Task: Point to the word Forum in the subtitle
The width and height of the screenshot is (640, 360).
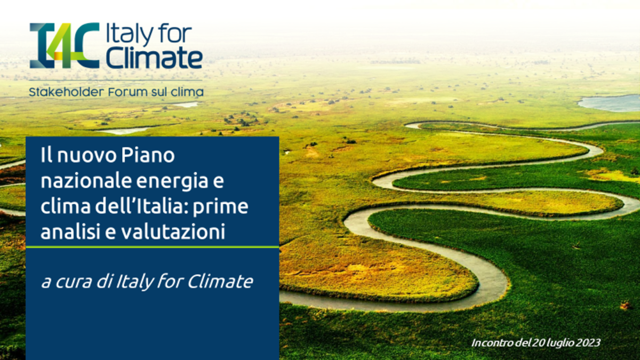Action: pos(126,92)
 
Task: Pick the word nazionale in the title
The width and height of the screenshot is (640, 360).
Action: pos(78,181)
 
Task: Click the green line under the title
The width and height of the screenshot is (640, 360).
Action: pos(152,247)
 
